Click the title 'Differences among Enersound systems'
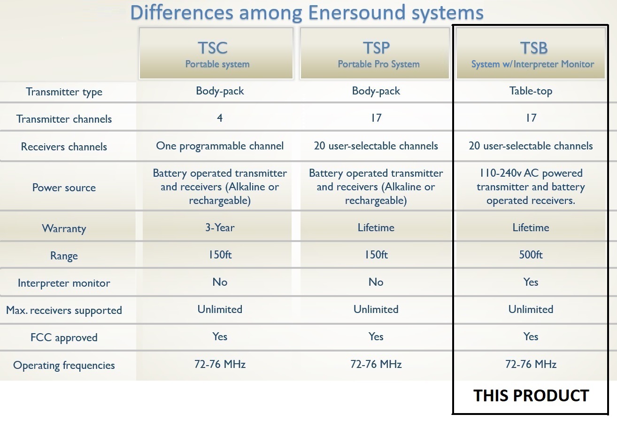coord(307,13)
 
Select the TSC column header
coord(216,53)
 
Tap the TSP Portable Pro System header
coord(375,53)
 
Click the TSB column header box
coord(531,53)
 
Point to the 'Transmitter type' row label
coord(64,92)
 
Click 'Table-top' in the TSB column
coord(531,91)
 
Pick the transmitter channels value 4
coord(220,118)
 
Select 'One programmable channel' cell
coord(220,146)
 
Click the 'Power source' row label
coord(64,188)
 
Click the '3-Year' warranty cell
coord(220,227)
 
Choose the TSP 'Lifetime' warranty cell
coord(376,227)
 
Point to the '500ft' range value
coord(531,255)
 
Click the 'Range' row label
coord(64,256)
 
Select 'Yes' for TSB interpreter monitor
coord(531,282)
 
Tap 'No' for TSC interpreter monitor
coord(220,282)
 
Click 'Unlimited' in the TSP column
coord(376,309)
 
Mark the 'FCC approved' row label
coord(64,338)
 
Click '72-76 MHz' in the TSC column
coord(220,364)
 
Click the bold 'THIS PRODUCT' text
coord(531,396)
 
